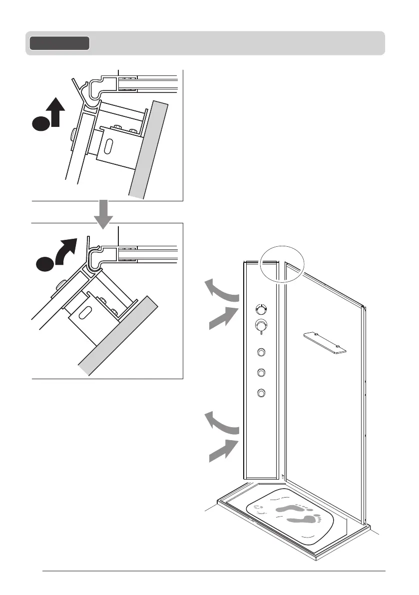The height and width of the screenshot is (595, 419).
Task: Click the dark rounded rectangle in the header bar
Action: click(x=59, y=43)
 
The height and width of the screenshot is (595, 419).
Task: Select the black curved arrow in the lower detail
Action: click(x=66, y=250)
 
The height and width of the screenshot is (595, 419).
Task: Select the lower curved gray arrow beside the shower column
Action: click(x=222, y=422)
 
